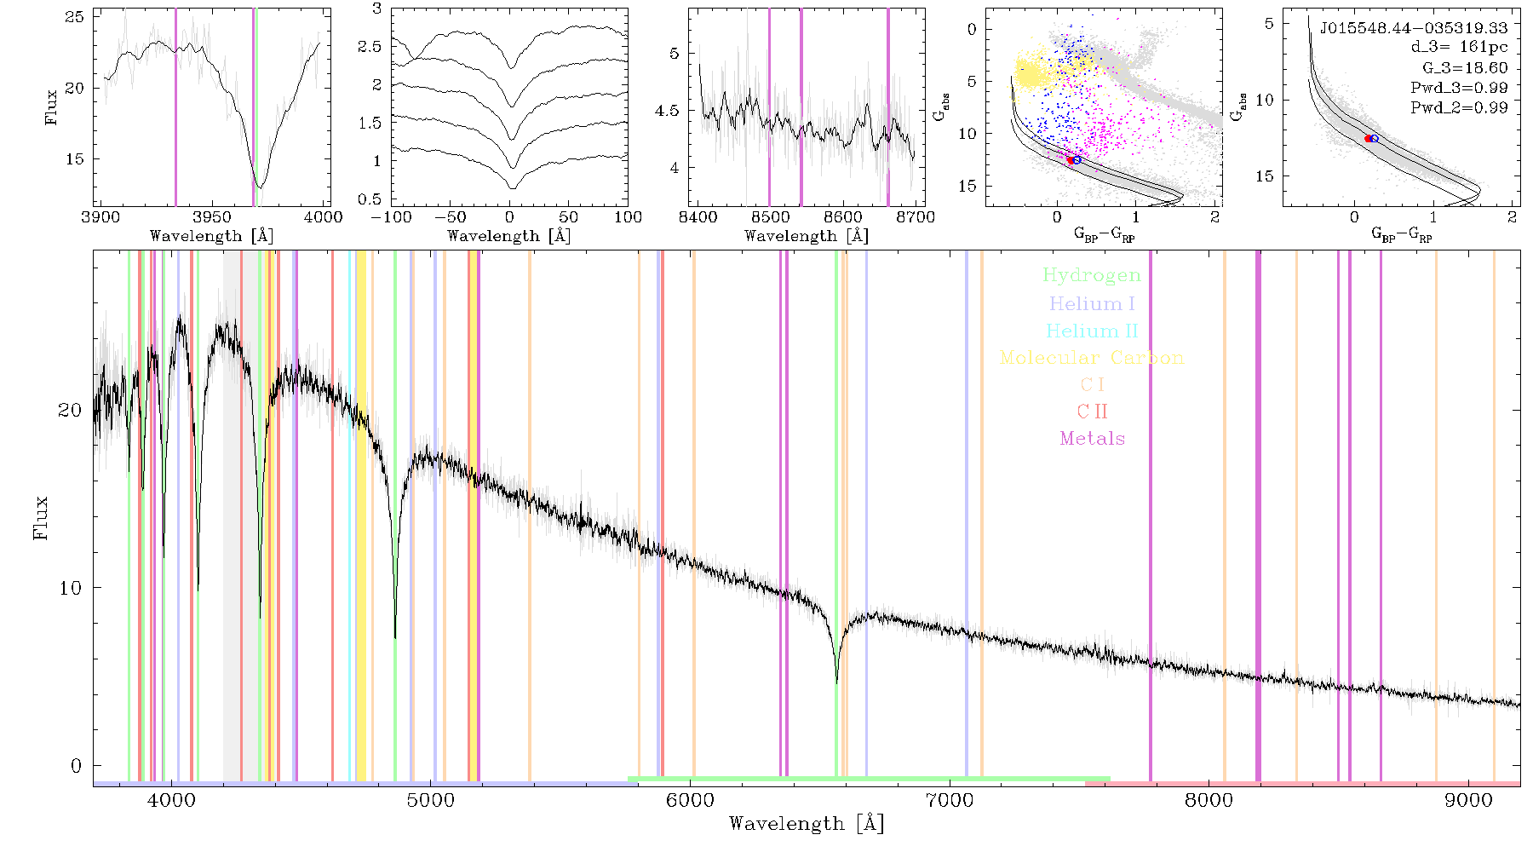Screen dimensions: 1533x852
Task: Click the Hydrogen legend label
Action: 1091,276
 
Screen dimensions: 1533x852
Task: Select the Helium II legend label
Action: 1092,331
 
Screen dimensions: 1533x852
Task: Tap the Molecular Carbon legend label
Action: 1092,358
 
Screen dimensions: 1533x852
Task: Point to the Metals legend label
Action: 1092,439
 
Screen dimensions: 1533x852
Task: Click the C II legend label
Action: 1092,412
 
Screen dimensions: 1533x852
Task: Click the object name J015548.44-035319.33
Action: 1413,28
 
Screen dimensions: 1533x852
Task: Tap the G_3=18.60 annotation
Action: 1465,68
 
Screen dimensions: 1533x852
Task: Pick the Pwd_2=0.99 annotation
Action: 1459,108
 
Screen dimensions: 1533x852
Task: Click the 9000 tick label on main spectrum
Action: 1467,800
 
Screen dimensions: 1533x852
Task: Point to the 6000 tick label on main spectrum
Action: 690,800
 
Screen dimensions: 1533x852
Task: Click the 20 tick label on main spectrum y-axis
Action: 70,410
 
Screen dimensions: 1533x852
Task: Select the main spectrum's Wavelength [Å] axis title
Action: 807,824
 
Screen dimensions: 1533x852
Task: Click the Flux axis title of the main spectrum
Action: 40,517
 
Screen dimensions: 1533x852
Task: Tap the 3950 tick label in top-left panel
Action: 212,217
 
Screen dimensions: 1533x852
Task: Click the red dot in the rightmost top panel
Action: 1369,138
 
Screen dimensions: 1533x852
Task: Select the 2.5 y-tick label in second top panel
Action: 370,47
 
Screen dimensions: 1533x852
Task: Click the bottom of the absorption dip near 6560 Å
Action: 836,682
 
